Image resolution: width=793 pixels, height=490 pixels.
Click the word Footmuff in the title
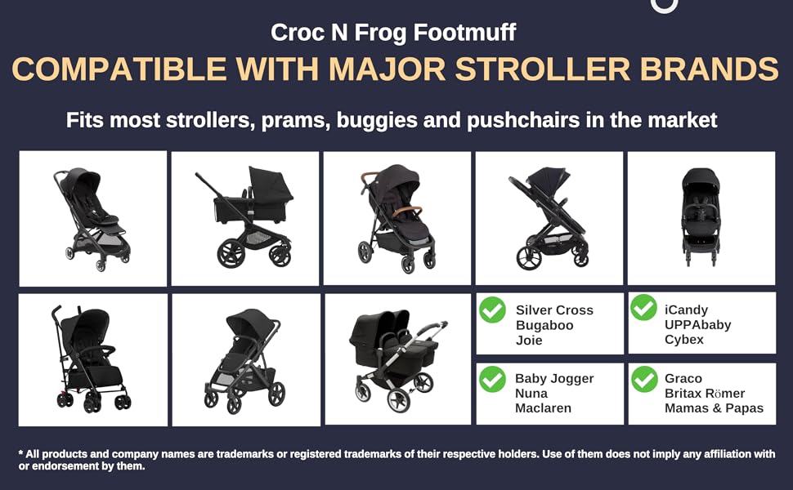tap(465, 33)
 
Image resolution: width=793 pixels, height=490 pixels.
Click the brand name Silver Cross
tap(554, 310)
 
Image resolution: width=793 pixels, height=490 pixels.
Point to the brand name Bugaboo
tap(544, 325)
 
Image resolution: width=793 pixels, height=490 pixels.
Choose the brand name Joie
tap(529, 340)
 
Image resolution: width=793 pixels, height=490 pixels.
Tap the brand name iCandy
tap(686, 310)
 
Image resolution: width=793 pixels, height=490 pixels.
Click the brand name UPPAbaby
tap(697, 324)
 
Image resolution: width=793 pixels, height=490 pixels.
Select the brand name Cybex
tap(683, 339)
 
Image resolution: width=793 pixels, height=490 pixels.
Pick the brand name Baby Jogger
tap(554, 379)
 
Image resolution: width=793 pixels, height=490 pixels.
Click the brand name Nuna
tap(531, 394)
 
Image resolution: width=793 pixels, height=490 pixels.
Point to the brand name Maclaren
tap(543, 408)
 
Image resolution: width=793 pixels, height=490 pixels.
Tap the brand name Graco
tap(683, 379)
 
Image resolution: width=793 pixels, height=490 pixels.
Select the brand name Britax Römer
tap(705, 394)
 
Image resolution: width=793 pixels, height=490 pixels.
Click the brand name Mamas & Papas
tap(714, 408)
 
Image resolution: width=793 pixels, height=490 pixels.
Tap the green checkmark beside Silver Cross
tap(492, 310)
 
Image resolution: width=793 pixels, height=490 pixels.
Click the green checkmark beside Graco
tap(644, 379)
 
